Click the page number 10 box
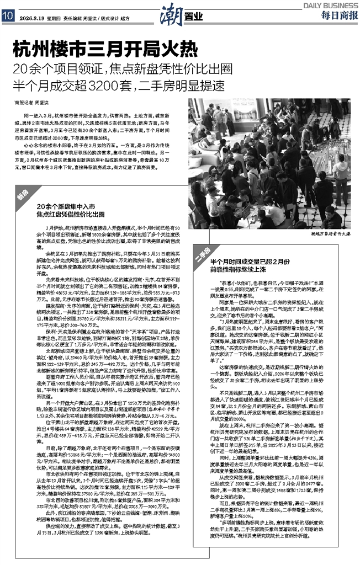[8, 16]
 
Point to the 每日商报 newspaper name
[337, 17]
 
